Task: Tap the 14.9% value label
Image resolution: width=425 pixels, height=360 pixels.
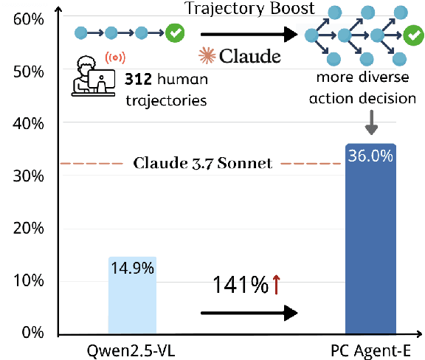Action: coord(133,268)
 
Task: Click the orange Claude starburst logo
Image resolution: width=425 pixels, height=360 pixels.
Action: coord(206,55)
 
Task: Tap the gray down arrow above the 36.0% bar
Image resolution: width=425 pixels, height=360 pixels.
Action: coord(371,125)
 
